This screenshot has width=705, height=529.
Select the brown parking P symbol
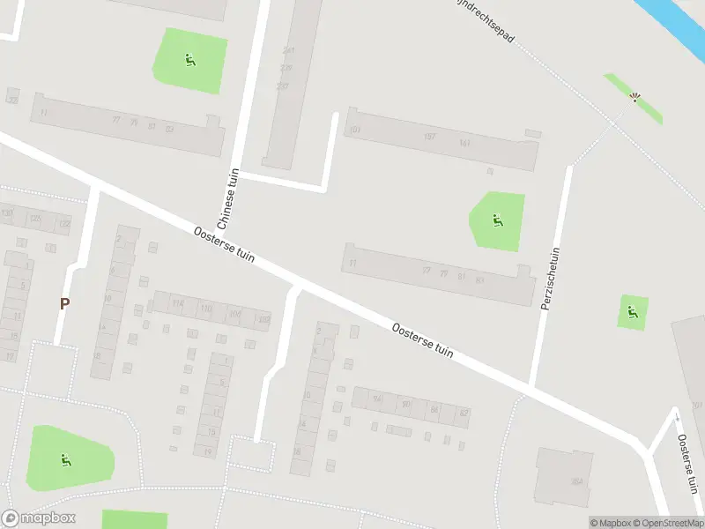[x=64, y=303]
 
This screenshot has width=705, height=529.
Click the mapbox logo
[x=39, y=518]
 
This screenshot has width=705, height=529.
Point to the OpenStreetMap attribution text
[x=666, y=523]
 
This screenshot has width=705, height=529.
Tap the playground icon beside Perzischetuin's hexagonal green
[x=499, y=220]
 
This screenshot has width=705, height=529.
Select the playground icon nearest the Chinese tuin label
[x=189, y=60]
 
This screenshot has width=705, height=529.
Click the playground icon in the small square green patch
[x=632, y=310]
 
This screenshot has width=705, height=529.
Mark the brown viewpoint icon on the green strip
[x=634, y=97]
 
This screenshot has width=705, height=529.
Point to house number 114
[x=179, y=304]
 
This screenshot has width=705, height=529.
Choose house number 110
[x=206, y=309]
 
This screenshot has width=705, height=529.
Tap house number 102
[x=263, y=318]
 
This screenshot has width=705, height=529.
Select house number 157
[x=429, y=137]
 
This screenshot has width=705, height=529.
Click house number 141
[x=464, y=143]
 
